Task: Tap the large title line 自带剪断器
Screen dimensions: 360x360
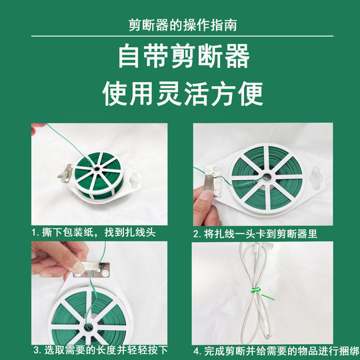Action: [x=180, y=57]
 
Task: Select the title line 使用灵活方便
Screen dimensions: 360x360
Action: [x=180, y=93]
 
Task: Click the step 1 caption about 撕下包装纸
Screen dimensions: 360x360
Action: [x=93, y=233]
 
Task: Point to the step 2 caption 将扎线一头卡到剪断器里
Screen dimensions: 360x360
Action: [x=261, y=234]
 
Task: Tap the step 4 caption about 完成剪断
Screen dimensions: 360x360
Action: [x=269, y=349]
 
